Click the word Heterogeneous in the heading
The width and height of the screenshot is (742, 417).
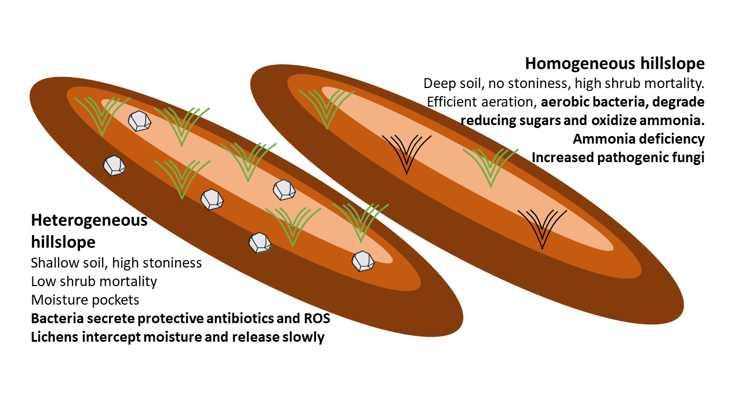[x=89, y=221]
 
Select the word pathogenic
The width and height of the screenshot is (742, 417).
[x=635, y=158]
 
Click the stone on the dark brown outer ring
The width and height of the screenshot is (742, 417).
[x=114, y=166]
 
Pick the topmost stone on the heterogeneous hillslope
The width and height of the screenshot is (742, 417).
[x=139, y=120]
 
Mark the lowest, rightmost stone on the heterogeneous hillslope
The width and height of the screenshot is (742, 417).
[x=363, y=261]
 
